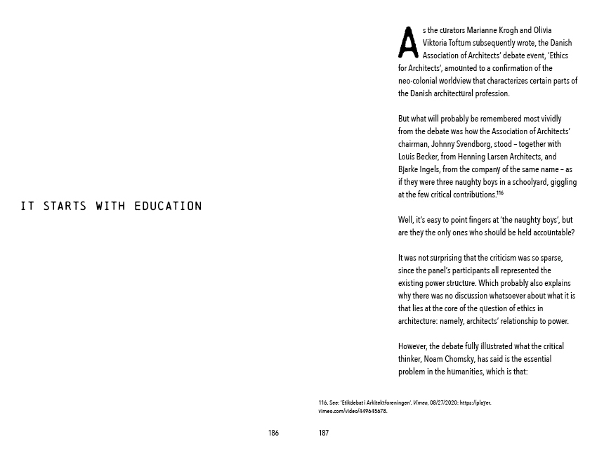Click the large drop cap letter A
point(408,42)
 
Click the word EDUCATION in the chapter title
point(168,207)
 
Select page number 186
point(273,433)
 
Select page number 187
point(323,433)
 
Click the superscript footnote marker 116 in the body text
point(500,193)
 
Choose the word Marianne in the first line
point(484,30)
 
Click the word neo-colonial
point(419,81)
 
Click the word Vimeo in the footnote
point(420,403)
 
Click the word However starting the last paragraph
point(412,346)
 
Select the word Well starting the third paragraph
point(405,220)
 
